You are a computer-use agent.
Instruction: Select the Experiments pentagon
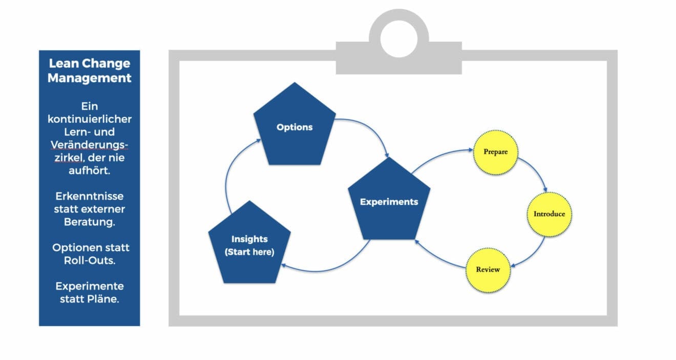click(x=389, y=202)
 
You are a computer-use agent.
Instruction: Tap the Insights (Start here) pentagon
click(x=249, y=245)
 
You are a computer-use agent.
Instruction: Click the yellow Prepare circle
click(x=495, y=152)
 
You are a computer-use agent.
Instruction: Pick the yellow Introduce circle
click(x=549, y=214)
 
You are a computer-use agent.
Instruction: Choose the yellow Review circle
click(x=488, y=269)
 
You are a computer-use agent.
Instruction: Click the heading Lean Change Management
click(x=90, y=71)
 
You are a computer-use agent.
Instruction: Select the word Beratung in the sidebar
click(x=90, y=222)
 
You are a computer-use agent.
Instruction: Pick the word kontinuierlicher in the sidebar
click(x=90, y=119)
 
